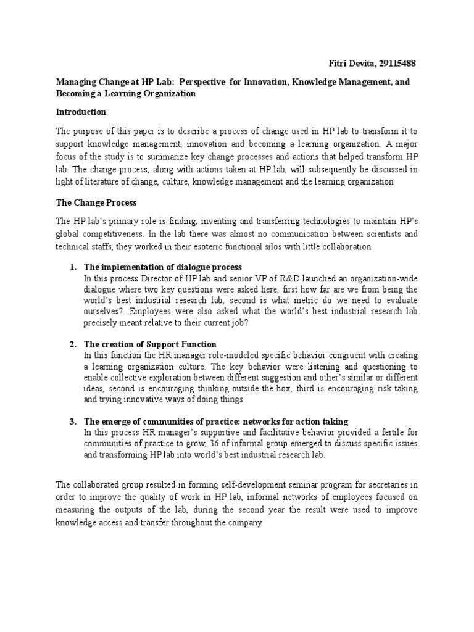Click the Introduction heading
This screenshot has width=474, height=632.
point(81,112)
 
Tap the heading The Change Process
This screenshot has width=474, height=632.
point(96,202)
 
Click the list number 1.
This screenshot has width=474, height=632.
point(72,267)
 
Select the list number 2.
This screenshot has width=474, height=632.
point(72,344)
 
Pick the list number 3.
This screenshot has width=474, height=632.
point(72,422)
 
